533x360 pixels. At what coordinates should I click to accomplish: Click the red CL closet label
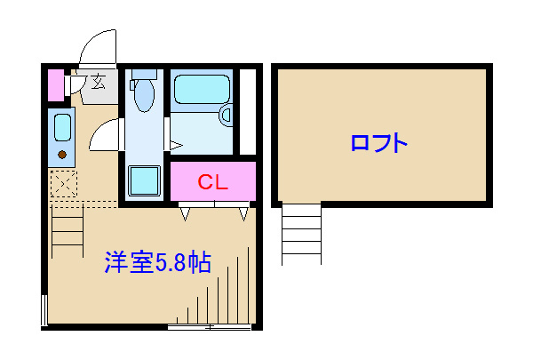click(x=213, y=183)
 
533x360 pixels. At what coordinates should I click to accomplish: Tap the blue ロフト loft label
click(x=378, y=142)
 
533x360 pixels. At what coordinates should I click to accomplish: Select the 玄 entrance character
click(x=98, y=84)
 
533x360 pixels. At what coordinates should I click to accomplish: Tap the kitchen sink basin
click(x=62, y=127)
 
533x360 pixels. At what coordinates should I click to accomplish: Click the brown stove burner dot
click(x=62, y=155)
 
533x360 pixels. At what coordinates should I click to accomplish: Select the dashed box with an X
click(x=63, y=186)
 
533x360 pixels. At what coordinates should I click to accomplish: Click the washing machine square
click(x=145, y=181)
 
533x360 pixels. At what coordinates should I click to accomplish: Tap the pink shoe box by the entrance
click(x=55, y=84)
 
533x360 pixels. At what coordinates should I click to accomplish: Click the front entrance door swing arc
click(x=94, y=44)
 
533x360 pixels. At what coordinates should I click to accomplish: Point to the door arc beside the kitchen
click(x=102, y=138)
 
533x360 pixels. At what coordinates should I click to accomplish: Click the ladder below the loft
click(x=301, y=233)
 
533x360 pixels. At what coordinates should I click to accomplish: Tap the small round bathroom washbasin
click(x=226, y=114)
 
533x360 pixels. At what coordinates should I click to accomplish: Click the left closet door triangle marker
click(x=185, y=213)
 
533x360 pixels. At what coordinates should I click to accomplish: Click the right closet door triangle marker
click(x=243, y=213)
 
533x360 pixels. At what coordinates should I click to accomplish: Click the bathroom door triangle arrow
click(x=175, y=143)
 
